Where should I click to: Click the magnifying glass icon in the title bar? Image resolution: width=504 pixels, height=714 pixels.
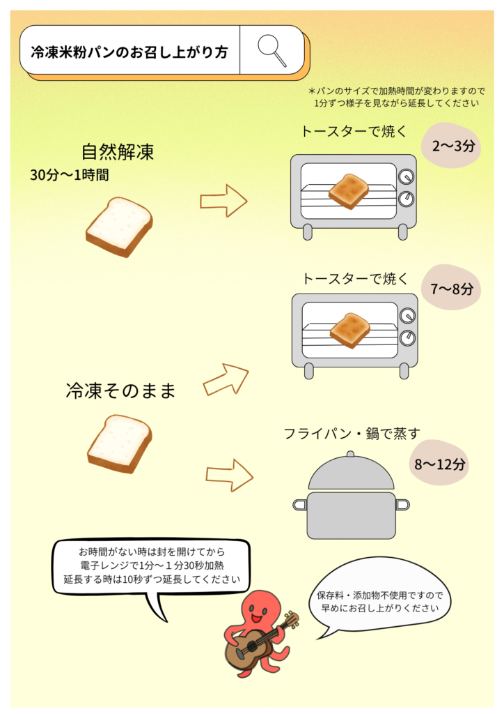click(x=271, y=50)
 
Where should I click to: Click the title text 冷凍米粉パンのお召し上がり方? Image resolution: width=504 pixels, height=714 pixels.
click(x=129, y=52)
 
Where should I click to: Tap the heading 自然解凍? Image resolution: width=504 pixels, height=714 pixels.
click(x=117, y=151)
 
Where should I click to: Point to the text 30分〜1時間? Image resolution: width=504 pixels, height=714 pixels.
click(x=69, y=174)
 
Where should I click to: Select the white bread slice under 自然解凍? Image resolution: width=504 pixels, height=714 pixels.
click(x=119, y=226)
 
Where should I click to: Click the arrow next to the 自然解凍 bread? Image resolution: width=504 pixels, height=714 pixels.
click(x=223, y=201)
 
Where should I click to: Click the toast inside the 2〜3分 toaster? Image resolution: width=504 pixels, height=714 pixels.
click(x=348, y=190)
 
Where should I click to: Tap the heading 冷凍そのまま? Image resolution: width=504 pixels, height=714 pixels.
click(x=120, y=390)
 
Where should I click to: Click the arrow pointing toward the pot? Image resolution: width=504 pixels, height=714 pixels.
click(x=229, y=476)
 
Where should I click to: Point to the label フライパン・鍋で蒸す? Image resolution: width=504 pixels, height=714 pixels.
click(x=352, y=434)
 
